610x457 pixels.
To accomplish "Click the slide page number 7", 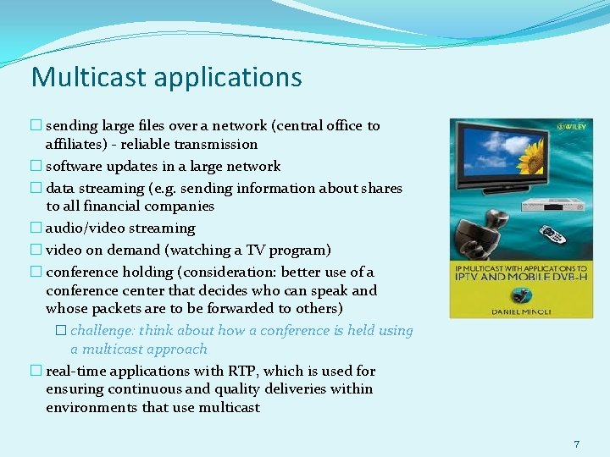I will tap(576, 443).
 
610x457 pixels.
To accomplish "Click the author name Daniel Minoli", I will tap(520, 311).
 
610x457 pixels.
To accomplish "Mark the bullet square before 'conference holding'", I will tap(36, 273).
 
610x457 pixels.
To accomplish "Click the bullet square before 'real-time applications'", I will tap(36, 371).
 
